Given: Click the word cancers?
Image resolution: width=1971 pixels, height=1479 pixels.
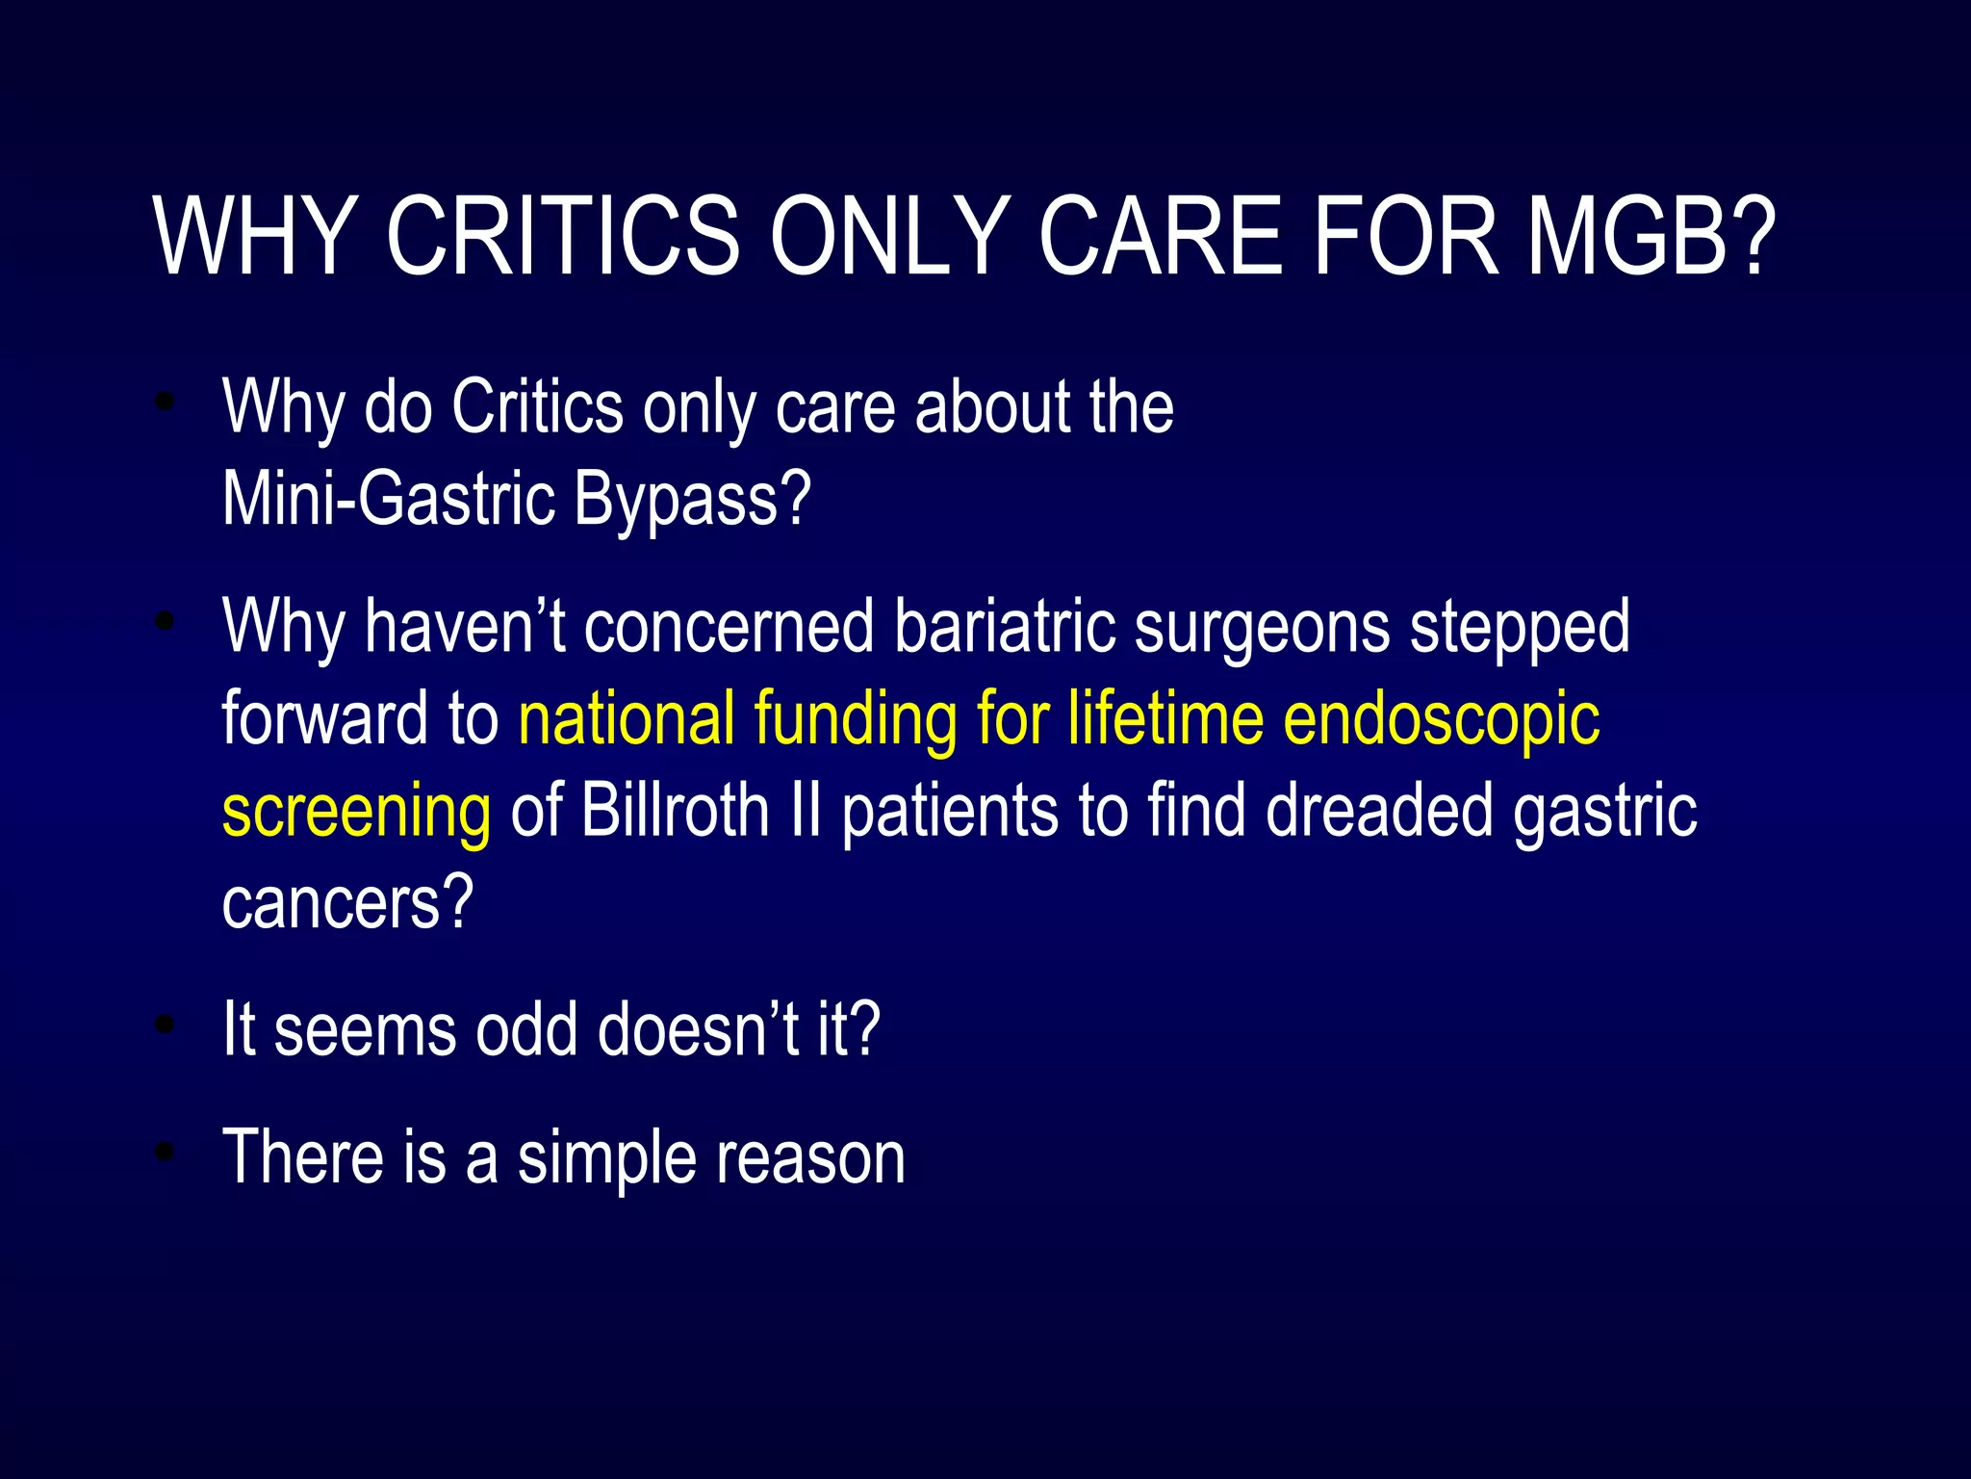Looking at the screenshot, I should [347, 903].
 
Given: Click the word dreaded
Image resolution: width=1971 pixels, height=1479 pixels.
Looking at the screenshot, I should [1378, 811].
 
